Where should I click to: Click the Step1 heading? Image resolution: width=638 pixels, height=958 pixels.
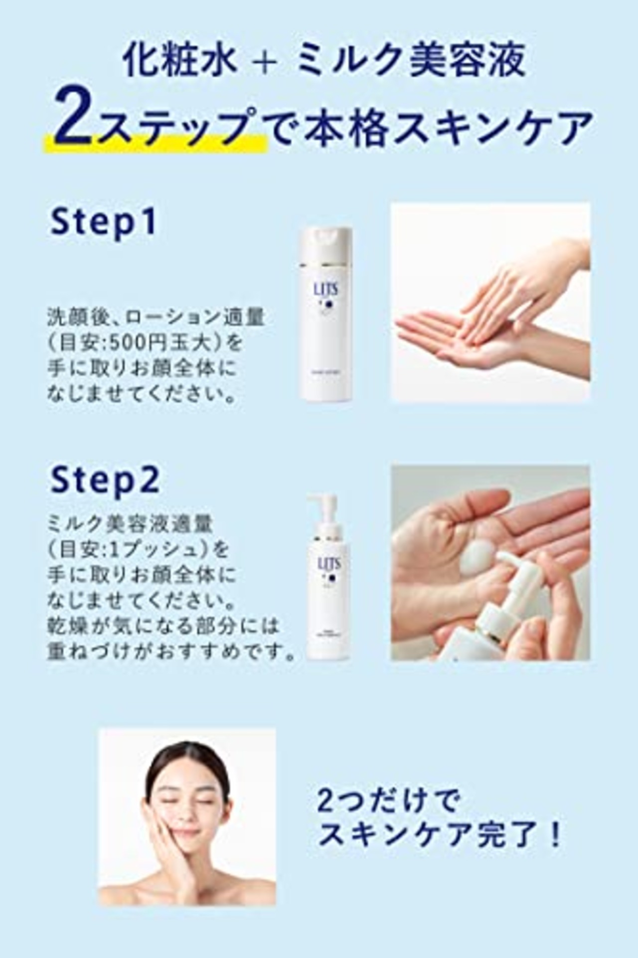tap(103, 222)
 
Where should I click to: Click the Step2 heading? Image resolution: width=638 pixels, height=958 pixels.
tap(105, 479)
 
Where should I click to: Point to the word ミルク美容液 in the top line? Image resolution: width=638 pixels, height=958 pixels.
tap(410, 62)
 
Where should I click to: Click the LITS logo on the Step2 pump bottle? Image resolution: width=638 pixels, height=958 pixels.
tap(329, 564)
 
